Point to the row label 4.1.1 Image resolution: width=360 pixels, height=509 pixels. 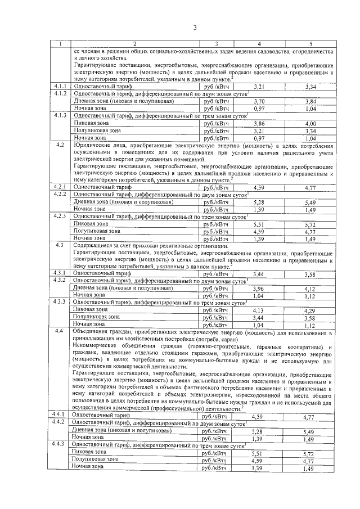[60, 86]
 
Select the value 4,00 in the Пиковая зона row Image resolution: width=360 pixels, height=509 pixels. [310, 123]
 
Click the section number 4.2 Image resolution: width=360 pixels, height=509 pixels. [60, 145]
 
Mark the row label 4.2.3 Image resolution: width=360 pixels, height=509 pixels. [60, 216]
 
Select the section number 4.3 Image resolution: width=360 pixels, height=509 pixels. [60, 245]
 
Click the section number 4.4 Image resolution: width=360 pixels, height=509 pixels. [60, 332]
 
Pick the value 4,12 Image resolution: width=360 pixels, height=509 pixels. [310, 289]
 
